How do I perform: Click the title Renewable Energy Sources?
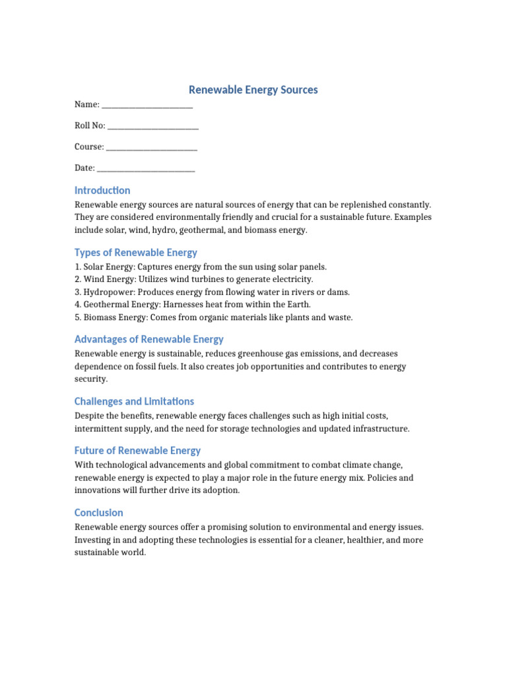tap(253, 90)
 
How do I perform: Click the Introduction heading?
tap(102, 190)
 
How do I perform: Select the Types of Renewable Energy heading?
tap(136, 252)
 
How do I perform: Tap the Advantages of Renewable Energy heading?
tap(149, 339)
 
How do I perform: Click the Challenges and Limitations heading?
tap(134, 401)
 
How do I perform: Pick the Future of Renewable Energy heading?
tap(137, 450)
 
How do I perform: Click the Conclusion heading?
tap(99, 512)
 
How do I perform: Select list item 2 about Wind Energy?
tap(194, 279)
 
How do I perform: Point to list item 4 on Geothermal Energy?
tap(192, 304)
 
